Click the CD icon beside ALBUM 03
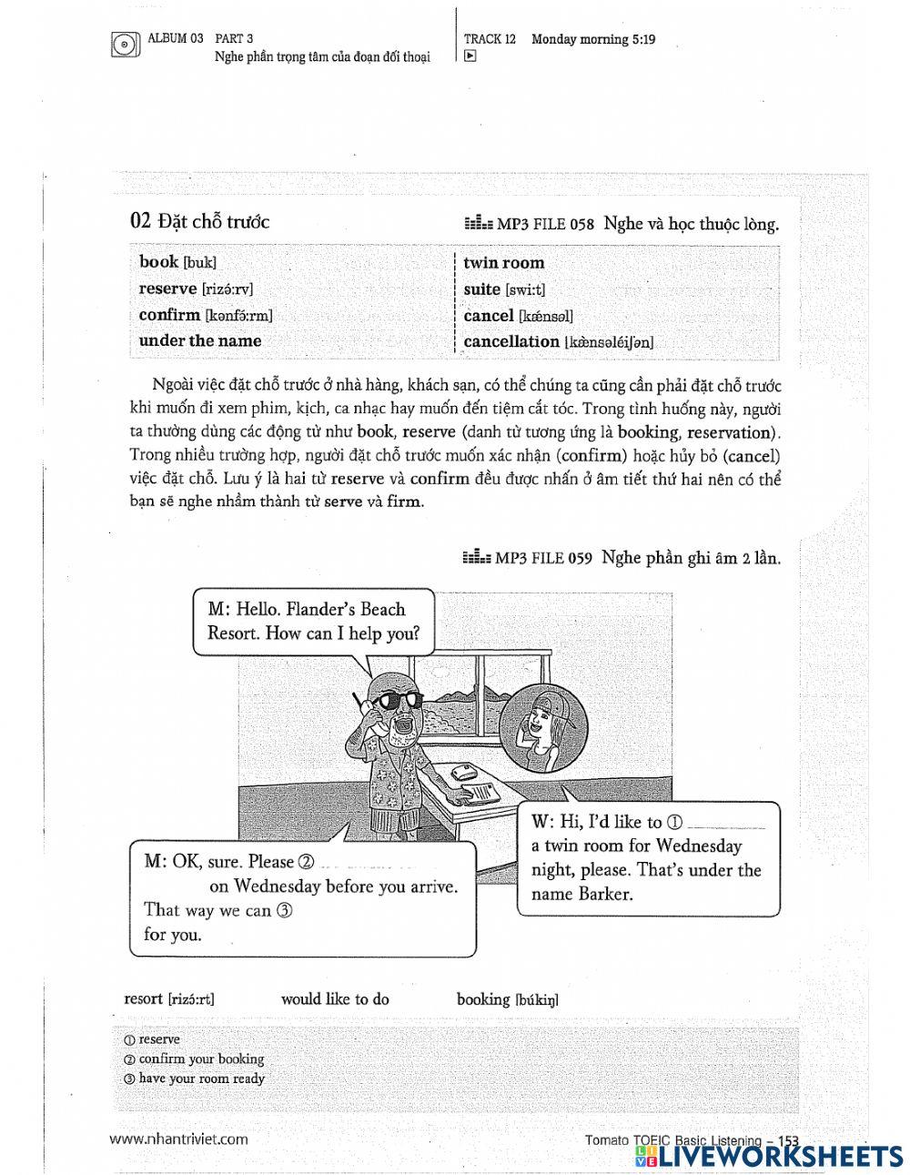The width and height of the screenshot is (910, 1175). click(x=124, y=45)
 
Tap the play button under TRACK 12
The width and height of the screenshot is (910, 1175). click(x=470, y=56)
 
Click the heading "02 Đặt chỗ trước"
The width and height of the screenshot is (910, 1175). click(x=200, y=221)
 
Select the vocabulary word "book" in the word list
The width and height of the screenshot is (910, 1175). click(x=159, y=262)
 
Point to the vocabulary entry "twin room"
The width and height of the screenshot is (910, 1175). click(x=503, y=263)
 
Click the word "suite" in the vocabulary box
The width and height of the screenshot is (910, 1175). click(x=482, y=289)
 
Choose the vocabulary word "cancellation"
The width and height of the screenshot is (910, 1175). click(x=511, y=342)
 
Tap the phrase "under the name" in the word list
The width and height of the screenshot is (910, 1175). click(x=199, y=341)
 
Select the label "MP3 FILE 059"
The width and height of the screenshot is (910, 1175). click(x=543, y=559)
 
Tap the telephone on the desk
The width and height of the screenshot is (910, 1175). click(x=465, y=771)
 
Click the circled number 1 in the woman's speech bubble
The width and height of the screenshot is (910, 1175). click(x=674, y=822)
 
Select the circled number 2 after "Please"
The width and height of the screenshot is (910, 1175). click(x=306, y=862)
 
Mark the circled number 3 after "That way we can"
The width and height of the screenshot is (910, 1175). click(x=284, y=910)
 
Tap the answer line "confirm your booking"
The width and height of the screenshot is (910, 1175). click(x=201, y=1059)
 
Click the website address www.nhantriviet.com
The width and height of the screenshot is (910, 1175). click(x=178, y=1139)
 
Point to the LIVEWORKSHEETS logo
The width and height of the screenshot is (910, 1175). click(x=769, y=1156)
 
